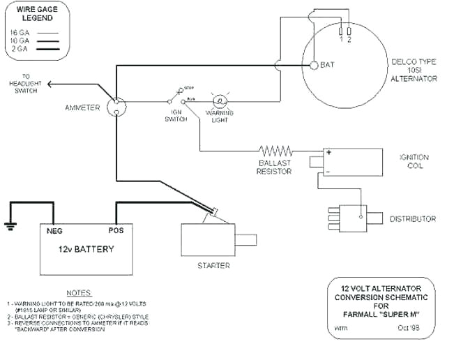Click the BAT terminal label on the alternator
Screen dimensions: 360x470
coord(328,65)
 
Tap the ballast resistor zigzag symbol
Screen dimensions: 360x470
coord(275,151)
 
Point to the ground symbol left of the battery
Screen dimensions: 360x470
coord(10,225)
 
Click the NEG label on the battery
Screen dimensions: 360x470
coord(55,230)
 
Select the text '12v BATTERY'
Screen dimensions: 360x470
coord(86,249)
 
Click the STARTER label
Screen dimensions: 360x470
coord(213,266)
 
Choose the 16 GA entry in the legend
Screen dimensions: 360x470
coord(20,33)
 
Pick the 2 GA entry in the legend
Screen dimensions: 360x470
coord(20,50)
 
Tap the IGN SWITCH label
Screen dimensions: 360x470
coord(175,115)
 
